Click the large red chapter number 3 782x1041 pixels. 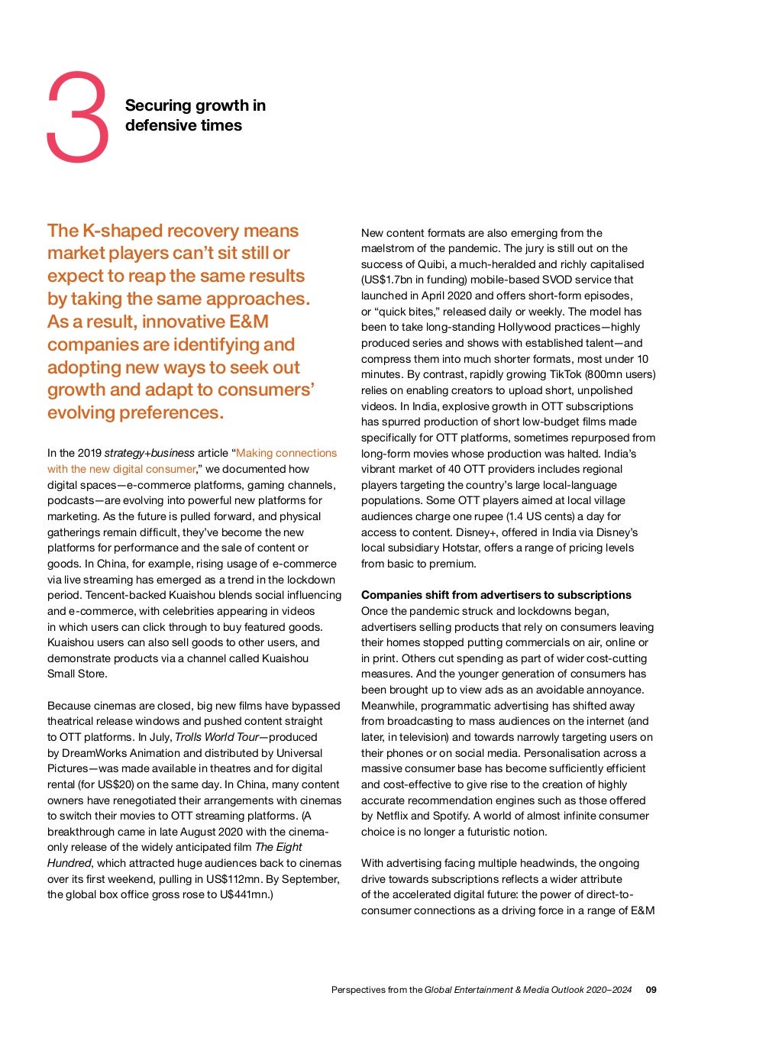(78, 118)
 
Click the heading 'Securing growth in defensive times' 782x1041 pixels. (195, 115)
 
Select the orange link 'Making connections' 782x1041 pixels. (286, 453)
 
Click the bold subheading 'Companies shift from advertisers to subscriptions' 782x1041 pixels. (496, 595)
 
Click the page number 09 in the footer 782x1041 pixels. (651, 990)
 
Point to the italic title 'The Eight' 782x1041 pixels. (279, 847)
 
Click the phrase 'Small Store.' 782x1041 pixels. (77, 674)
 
